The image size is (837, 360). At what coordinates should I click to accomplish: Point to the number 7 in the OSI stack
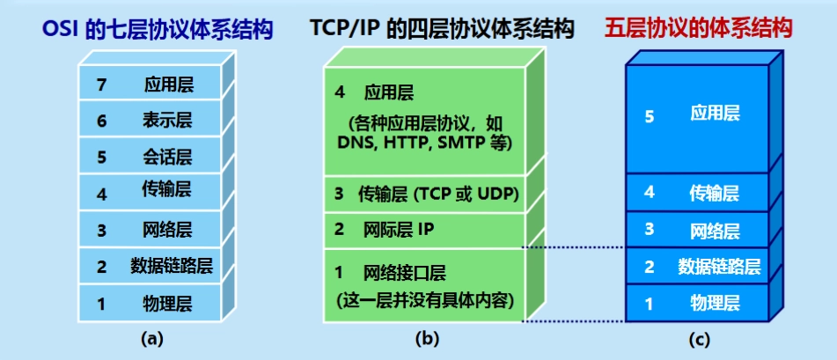[x=102, y=85]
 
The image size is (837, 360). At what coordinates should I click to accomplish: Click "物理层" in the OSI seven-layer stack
[x=168, y=305]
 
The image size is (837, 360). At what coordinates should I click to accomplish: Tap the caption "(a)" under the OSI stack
[x=152, y=337]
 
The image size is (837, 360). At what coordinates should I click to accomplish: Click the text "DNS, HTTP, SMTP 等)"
[x=424, y=142]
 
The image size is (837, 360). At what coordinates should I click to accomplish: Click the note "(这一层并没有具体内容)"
[x=424, y=301]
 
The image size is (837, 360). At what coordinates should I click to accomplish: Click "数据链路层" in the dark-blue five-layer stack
[x=719, y=266]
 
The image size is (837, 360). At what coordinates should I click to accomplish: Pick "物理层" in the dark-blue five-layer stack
[x=716, y=304]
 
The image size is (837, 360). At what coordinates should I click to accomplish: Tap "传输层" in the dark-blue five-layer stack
[x=716, y=193]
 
